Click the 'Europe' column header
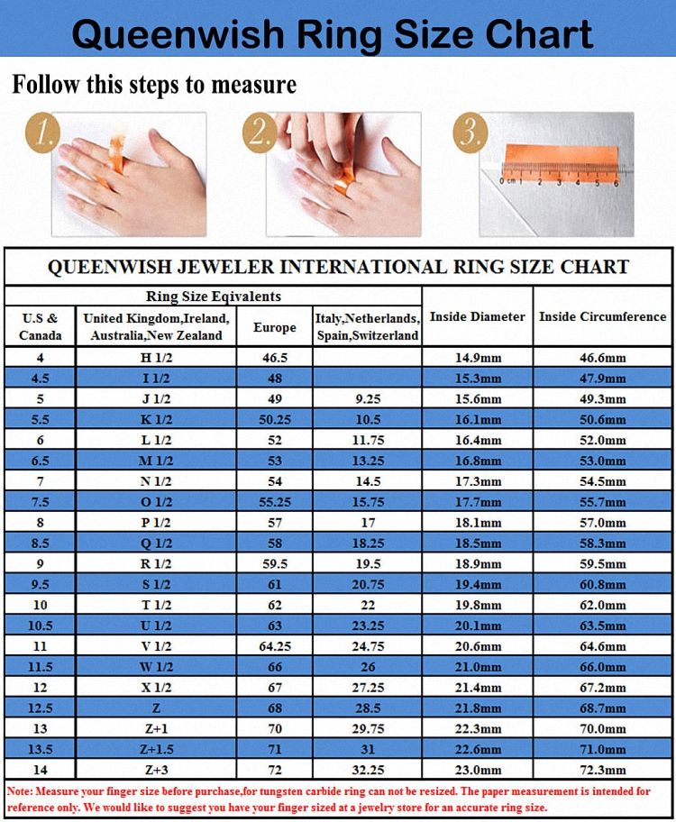pyautogui.click(x=274, y=327)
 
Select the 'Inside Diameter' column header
pyautogui.click(x=477, y=316)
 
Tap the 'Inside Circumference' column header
pyautogui.click(x=603, y=316)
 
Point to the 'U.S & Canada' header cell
pyautogui.click(x=40, y=326)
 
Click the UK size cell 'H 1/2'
pyautogui.click(x=156, y=358)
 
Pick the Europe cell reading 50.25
pyautogui.click(x=275, y=419)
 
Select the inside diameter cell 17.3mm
pyautogui.click(x=478, y=481)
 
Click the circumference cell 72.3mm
pyautogui.click(x=603, y=770)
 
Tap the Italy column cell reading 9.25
pyautogui.click(x=368, y=399)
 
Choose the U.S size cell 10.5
pyautogui.click(x=40, y=626)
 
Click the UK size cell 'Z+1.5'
pyautogui.click(x=156, y=749)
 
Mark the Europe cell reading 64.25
pyautogui.click(x=275, y=646)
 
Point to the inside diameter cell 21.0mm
pyautogui.click(x=478, y=667)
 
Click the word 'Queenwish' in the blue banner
pyautogui.click(x=178, y=34)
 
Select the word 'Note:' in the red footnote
pyautogui.click(x=20, y=791)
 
